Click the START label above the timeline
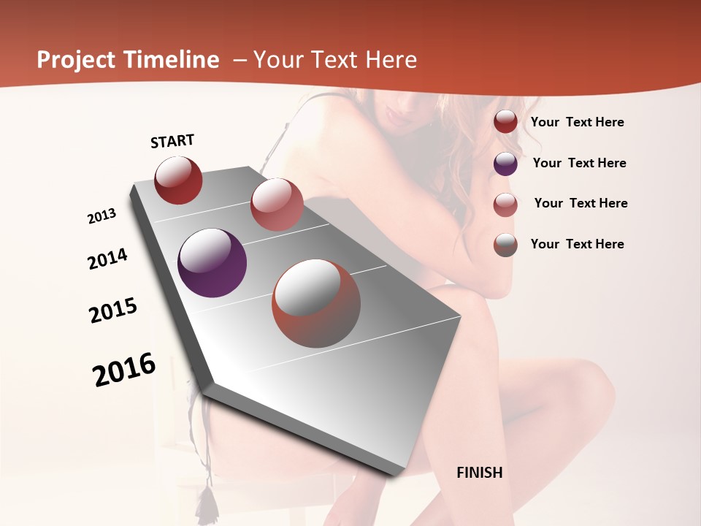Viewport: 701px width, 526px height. pos(172,141)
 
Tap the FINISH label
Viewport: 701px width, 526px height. pos(479,473)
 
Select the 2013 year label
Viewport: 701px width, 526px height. pos(101,216)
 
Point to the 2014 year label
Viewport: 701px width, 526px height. pos(107,259)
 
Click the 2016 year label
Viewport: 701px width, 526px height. pos(124,369)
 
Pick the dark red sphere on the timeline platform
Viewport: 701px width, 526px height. pos(178,180)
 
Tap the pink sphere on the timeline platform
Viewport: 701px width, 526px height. pos(277,205)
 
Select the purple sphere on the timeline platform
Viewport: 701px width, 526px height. pos(212,263)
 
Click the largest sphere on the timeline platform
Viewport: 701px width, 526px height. pos(316,303)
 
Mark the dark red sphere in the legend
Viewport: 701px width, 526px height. pos(505,121)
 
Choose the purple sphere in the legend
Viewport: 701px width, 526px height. pos(505,164)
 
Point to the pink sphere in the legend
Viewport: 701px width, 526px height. pos(505,205)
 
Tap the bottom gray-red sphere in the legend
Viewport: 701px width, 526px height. pos(505,245)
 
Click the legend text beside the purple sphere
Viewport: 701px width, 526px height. pos(579,163)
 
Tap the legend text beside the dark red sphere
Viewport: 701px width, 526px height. pos(577,122)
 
